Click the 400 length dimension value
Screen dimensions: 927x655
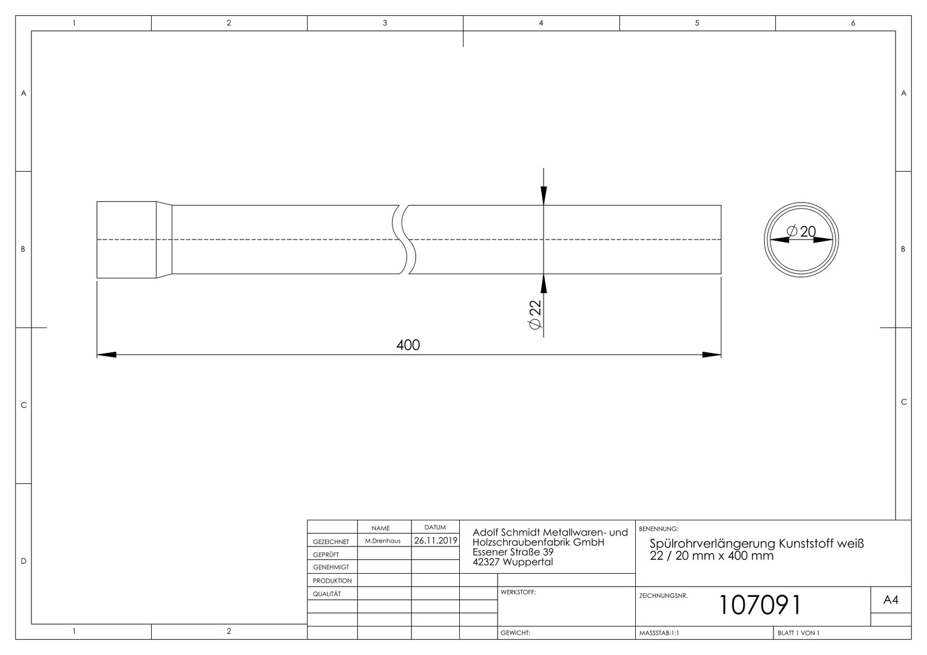tap(408, 345)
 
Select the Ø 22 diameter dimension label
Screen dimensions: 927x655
tap(534, 315)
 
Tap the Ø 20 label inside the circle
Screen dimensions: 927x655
tap(801, 231)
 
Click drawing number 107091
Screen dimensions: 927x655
tap(760, 605)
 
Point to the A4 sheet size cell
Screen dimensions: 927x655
tap(891, 600)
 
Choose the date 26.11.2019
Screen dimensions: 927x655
tap(436, 540)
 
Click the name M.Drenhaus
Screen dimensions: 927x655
tap(382, 541)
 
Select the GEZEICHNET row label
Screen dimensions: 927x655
tap(331, 542)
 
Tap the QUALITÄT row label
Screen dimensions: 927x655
tap(326, 594)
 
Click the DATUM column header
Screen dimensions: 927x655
tap(435, 527)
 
